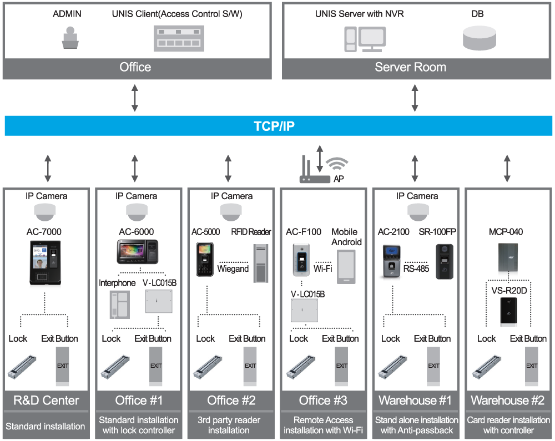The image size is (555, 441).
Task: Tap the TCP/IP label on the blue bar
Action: click(274, 126)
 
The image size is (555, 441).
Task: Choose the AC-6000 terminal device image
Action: click(137, 252)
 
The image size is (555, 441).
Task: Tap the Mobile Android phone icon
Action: click(346, 267)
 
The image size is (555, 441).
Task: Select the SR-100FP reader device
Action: click(445, 261)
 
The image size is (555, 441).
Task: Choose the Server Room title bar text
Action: click(410, 67)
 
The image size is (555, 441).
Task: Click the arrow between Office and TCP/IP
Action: click(135, 98)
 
